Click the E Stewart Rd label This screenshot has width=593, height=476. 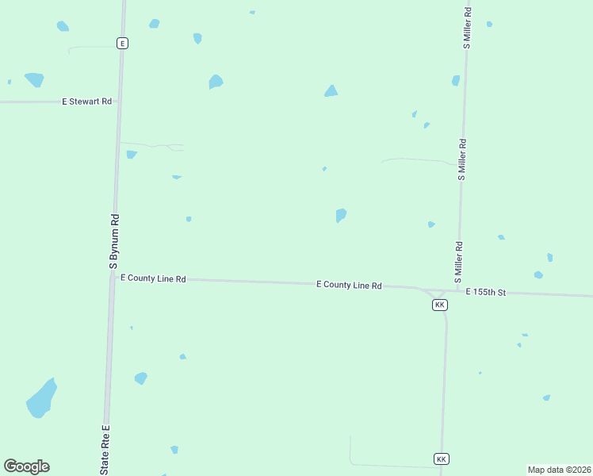(x=87, y=102)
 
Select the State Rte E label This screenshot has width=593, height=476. (x=104, y=451)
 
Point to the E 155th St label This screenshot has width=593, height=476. (x=486, y=292)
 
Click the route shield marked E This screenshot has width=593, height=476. (x=122, y=43)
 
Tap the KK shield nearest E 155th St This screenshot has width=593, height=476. (x=440, y=305)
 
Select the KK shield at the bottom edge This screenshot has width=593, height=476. (x=442, y=459)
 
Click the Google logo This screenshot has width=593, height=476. (x=26, y=466)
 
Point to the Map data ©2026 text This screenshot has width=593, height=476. (x=559, y=470)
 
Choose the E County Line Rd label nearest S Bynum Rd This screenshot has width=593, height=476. (x=152, y=278)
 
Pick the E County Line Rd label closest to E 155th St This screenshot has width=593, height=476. (x=349, y=285)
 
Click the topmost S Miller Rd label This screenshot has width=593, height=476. (x=468, y=29)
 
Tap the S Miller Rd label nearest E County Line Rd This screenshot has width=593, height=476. (x=457, y=263)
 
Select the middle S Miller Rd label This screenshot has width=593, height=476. (x=461, y=160)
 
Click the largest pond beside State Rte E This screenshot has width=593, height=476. (x=41, y=398)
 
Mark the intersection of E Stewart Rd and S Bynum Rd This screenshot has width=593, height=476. (x=119, y=102)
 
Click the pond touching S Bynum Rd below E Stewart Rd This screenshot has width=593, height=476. (x=131, y=154)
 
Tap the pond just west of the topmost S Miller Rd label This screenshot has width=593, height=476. (x=456, y=80)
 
